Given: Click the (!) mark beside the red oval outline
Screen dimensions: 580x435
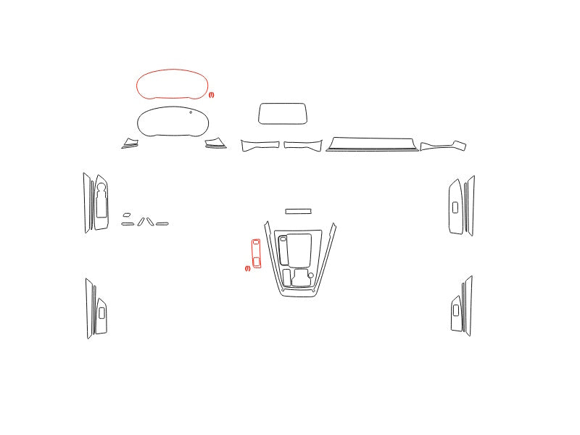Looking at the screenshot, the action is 211,95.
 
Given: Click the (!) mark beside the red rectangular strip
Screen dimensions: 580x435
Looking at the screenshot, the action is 247,268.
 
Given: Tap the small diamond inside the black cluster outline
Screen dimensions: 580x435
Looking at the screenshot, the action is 191,112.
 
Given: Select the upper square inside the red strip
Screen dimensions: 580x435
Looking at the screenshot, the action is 256,242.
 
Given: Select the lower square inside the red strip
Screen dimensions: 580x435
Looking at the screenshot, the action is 257,262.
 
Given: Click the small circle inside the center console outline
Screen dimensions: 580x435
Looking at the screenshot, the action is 311,275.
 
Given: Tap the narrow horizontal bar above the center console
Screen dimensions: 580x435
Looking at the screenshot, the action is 298,211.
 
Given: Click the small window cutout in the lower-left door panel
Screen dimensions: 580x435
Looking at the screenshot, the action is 101,313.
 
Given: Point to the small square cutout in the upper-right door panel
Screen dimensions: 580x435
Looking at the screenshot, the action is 455,207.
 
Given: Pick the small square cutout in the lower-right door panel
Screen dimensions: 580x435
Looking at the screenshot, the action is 456,310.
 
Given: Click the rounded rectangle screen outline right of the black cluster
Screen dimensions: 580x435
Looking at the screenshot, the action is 283,114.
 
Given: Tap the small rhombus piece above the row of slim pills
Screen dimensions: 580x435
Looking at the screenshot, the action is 126,215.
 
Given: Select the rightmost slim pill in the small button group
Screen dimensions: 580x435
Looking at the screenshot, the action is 162,224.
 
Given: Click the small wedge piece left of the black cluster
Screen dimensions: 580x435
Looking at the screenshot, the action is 130,144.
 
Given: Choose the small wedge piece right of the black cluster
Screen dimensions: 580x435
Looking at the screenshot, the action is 215,144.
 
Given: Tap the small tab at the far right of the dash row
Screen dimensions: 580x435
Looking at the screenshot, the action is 460,145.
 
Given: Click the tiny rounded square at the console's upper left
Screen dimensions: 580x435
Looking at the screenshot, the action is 283,239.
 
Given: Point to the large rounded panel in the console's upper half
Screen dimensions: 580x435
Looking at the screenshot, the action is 299,249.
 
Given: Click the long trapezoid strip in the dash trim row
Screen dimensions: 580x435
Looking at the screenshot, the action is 372,144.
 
